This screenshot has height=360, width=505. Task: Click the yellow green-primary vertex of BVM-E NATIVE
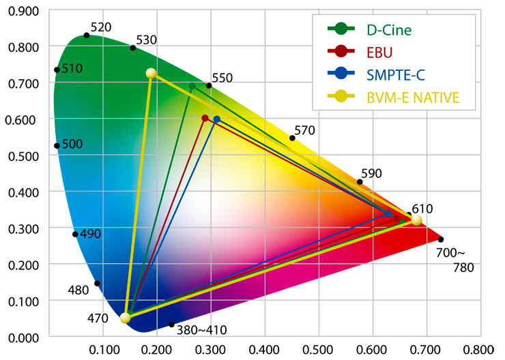[151, 74]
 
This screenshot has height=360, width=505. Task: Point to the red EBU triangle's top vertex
[205, 118]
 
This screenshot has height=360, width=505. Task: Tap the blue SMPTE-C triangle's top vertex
[217, 119]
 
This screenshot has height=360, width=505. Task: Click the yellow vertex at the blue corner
[125, 318]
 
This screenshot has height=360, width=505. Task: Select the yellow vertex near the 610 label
[416, 220]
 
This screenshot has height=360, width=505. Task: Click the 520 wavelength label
[100, 27]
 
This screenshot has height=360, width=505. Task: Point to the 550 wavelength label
[222, 78]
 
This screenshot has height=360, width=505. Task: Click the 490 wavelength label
[90, 234]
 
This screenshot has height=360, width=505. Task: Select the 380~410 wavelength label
[202, 331]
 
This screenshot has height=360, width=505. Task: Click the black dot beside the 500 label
[57, 145]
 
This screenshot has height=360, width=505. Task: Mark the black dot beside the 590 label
[360, 181]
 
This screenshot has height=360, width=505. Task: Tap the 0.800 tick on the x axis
[481, 350]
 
